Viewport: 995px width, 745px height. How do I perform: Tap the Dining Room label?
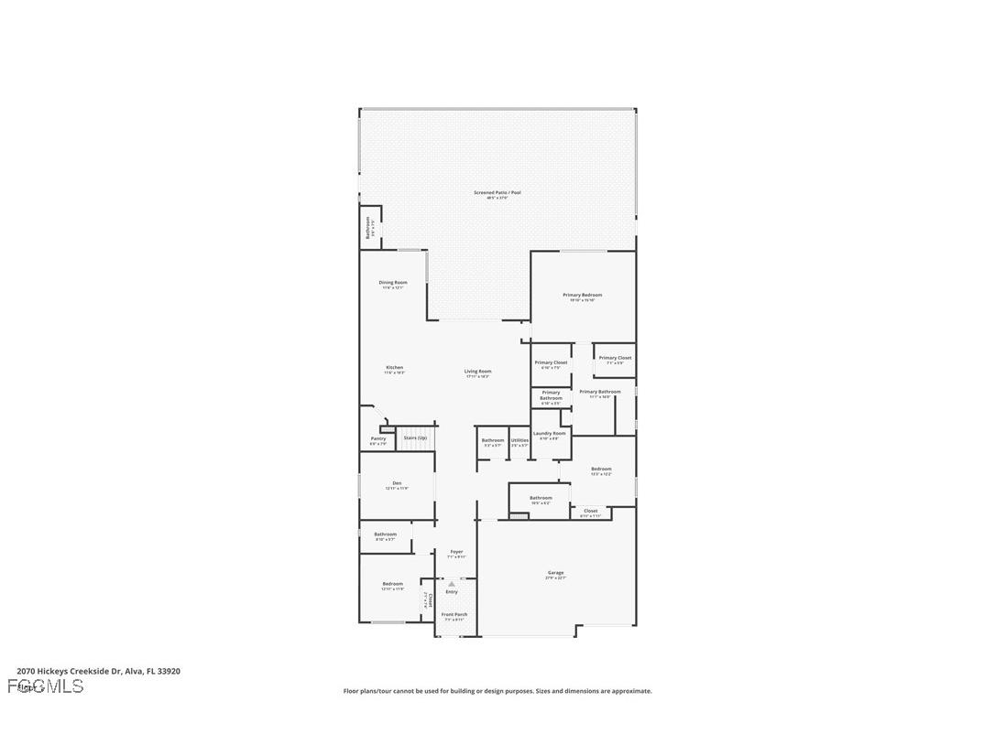[393, 283]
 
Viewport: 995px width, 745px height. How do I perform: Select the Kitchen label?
[394, 368]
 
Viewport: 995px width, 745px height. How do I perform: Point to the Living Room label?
[478, 372]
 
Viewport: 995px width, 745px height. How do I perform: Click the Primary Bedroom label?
[582, 295]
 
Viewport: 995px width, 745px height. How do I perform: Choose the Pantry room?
[378, 440]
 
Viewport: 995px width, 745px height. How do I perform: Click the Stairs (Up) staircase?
[415, 438]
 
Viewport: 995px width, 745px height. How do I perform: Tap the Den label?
[397, 483]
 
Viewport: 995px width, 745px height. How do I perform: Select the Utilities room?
[519, 441]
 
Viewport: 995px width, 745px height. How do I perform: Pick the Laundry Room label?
[550, 434]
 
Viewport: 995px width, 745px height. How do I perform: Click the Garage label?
[556, 573]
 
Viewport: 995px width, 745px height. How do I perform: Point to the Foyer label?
[456, 552]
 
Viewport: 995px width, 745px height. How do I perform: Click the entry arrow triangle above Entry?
[451, 583]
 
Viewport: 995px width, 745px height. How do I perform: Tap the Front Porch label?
[454, 614]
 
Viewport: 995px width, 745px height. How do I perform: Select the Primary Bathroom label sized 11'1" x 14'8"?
[600, 392]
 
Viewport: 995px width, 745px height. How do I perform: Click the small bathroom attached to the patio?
[369, 227]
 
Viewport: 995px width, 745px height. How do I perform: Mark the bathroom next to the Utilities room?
[493, 441]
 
